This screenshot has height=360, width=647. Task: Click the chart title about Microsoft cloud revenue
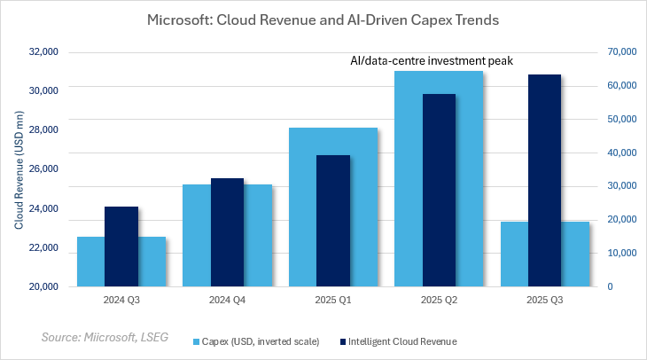(x=323, y=20)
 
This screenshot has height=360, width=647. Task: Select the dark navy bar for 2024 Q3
(x=121, y=247)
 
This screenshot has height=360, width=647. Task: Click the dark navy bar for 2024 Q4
(x=227, y=232)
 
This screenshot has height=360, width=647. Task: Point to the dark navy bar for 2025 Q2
(x=439, y=191)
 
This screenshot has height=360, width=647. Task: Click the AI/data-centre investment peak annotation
(x=433, y=61)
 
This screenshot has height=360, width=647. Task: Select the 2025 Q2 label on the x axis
(x=439, y=300)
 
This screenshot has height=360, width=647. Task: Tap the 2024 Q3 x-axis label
(x=121, y=300)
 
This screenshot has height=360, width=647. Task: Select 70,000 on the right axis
(x=621, y=51)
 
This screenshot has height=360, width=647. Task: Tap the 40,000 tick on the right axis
(x=621, y=153)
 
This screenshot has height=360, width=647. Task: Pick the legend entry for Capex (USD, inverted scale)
(x=258, y=340)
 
